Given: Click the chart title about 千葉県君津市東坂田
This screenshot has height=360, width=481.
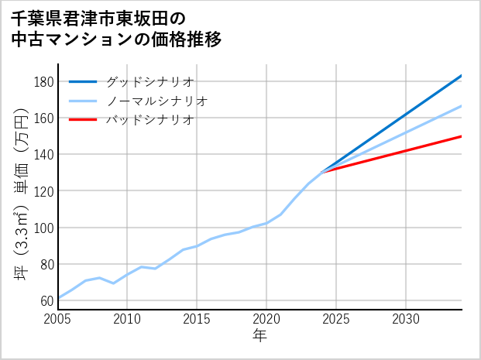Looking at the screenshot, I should (116, 28).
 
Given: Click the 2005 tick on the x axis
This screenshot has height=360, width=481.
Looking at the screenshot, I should (58, 319).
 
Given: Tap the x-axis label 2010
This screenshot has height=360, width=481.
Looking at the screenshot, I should (128, 319).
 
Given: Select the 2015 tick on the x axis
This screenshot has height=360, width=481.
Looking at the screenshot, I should (197, 319).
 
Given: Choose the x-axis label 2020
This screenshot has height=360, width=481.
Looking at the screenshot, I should (266, 319).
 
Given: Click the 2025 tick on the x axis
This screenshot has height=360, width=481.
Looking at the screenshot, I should (336, 319).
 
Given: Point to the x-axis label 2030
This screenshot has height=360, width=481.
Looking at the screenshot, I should (406, 319).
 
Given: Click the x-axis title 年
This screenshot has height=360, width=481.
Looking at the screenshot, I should (260, 336).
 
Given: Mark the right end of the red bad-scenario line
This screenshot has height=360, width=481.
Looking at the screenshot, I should (462, 136).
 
